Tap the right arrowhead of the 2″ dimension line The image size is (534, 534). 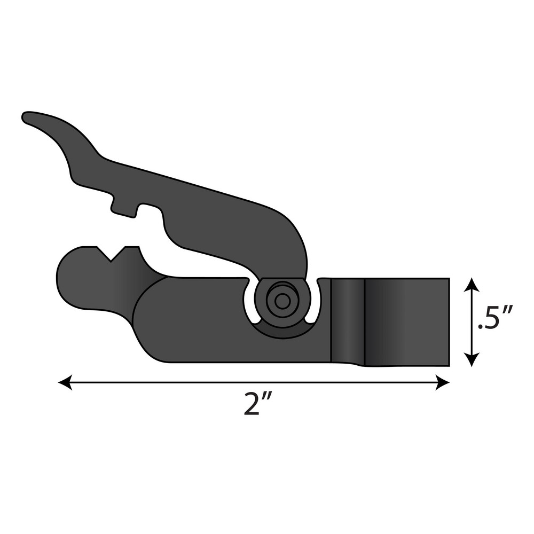[x=443, y=382]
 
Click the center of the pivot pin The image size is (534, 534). [x=282, y=301]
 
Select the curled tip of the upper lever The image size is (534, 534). [x=29, y=117]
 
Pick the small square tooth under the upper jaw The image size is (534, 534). [x=123, y=207]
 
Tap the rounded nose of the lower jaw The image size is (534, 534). [x=67, y=278]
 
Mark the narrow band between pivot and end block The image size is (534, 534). [x=348, y=320]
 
